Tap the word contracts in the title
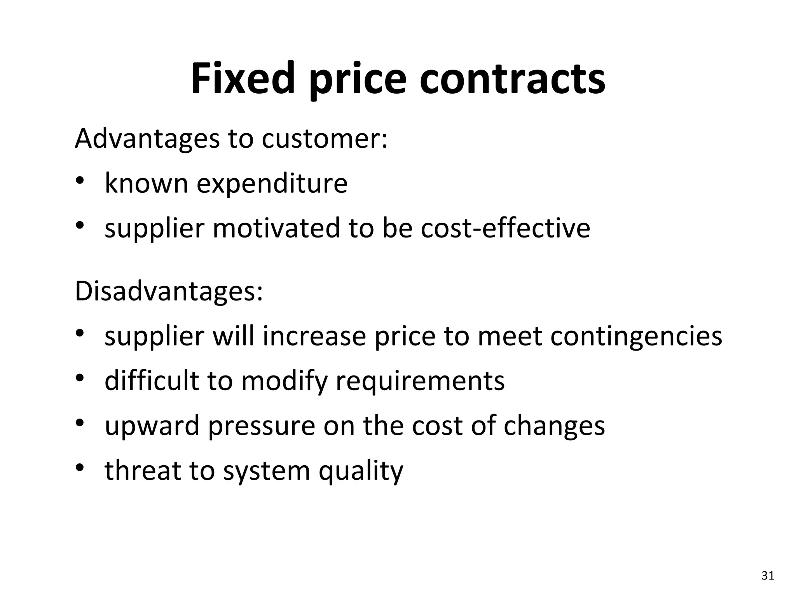[x=512, y=79]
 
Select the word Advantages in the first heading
[x=147, y=138]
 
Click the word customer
[x=324, y=138]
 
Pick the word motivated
[x=276, y=228]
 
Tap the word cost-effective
[x=505, y=228]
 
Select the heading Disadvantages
[x=169, y=292]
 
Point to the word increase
[x=314, y=336]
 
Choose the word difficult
[x=152, y=381]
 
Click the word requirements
[x=420, y=381]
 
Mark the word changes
[x=554, y=426]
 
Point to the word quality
[x=361, y=471]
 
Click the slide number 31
[x=768, y=576]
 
